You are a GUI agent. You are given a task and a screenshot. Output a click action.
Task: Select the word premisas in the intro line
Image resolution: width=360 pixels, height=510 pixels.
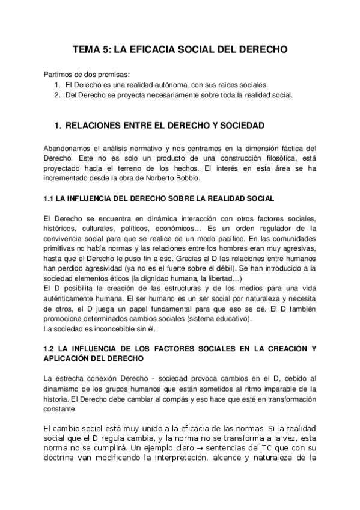(112, 75)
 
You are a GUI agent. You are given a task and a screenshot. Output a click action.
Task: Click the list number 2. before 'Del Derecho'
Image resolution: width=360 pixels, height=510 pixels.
(57, 94)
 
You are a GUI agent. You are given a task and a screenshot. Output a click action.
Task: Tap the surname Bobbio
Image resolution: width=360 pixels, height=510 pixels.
(198, 179)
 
